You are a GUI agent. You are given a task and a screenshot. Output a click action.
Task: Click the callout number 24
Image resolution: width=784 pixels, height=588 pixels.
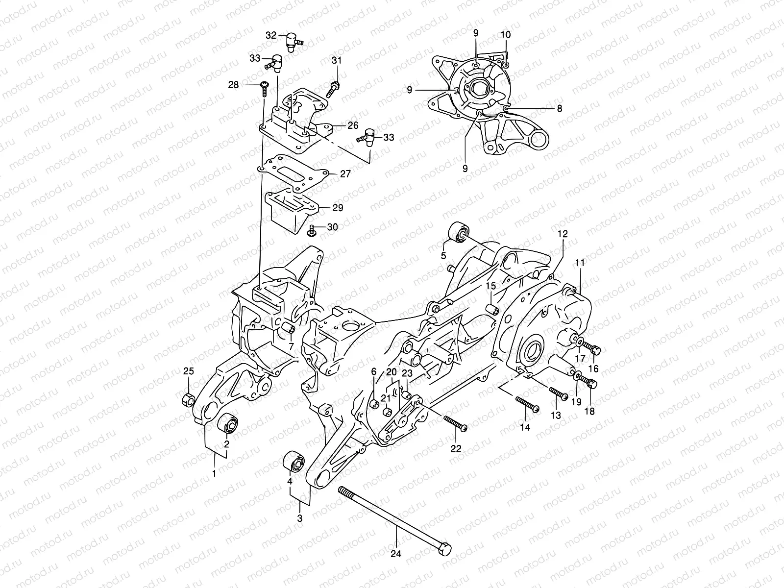point(396,554)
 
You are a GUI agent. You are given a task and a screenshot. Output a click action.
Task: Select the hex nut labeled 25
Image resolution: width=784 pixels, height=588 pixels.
point(187,400)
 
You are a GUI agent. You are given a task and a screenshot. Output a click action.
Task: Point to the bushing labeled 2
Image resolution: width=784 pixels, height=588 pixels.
point(229,422)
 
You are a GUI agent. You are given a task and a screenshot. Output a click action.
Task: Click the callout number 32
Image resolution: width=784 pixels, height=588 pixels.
point(271,35)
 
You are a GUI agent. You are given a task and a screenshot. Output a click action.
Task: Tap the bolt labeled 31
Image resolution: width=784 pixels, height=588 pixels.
point(335,87)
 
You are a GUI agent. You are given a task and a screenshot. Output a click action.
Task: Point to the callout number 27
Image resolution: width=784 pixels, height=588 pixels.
point(346,173)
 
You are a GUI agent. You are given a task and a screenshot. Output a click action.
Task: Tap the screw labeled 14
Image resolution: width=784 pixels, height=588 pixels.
point(527,405)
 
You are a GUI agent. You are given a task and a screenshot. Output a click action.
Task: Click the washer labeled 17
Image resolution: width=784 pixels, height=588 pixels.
point(579,342)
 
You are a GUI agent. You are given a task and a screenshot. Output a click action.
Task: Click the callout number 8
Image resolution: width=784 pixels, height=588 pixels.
point(559,109)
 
